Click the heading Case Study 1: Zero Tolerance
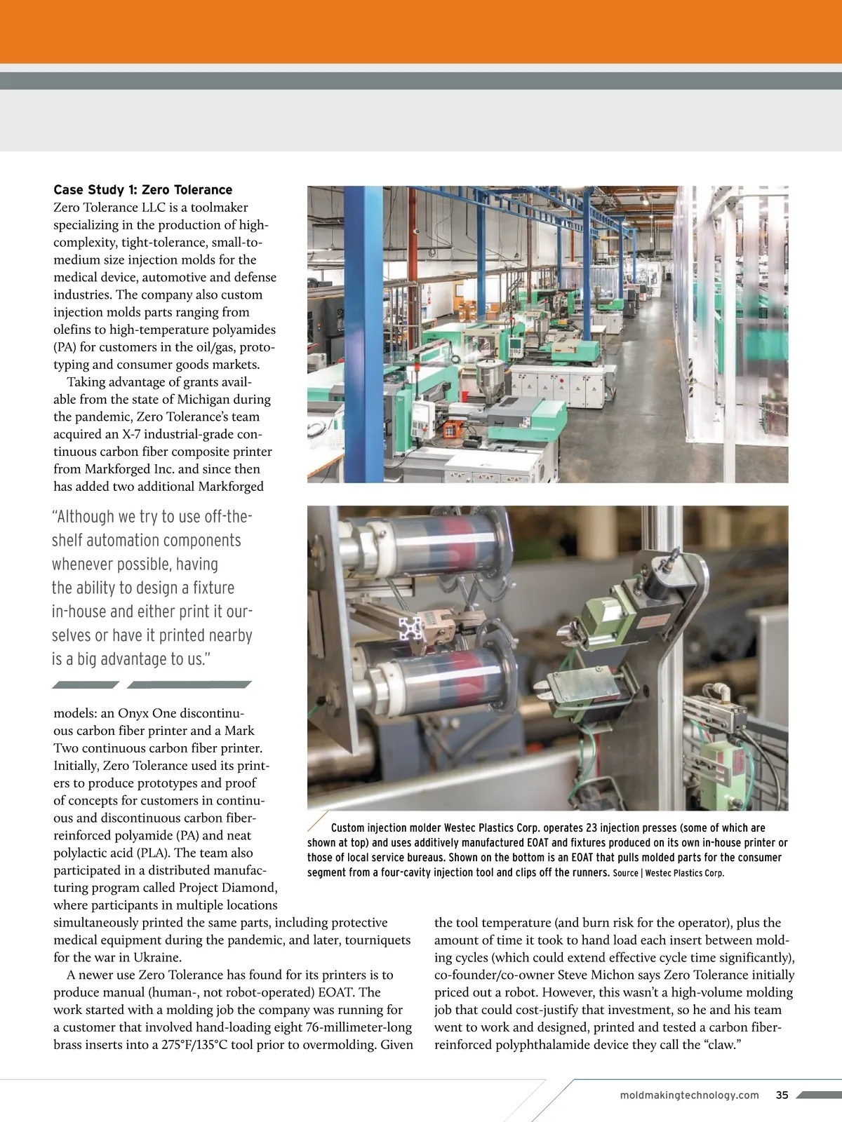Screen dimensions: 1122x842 pyautogui.click(x=142, y=190)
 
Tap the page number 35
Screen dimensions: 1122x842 pyautogui.click(x=782, y=1095)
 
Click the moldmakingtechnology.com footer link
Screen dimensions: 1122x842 pyautogui.click(x=690, y=1095)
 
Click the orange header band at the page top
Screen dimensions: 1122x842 pyautogui.click(x=421, y=32)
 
